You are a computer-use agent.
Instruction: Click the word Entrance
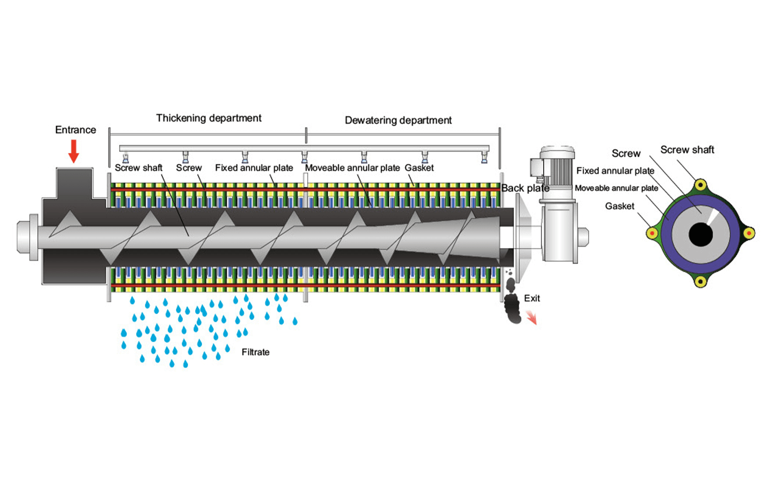point(75,130)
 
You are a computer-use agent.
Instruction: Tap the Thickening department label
point(209,118)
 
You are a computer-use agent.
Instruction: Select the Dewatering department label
point(398,120)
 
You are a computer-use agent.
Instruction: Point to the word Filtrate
point(256,352)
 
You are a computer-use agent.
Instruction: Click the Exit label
point(532,298)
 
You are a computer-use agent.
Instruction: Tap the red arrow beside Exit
point(532,317)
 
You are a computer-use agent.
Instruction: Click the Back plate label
point(525,188)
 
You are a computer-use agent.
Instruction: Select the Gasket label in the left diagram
point(419,168)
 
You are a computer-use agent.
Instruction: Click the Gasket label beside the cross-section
point(619,206)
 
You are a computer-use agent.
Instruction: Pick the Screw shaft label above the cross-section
point(687,150)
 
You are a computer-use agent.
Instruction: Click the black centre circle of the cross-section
point(701,235)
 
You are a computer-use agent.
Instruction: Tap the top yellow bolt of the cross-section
point(701,185)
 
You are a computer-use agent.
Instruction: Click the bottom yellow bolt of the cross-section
point(701,281)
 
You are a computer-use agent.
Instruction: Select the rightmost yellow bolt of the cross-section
point(749,233)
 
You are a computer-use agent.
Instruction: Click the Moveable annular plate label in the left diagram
point(352,168)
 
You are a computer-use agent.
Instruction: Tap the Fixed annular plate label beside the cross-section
point(615,171)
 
